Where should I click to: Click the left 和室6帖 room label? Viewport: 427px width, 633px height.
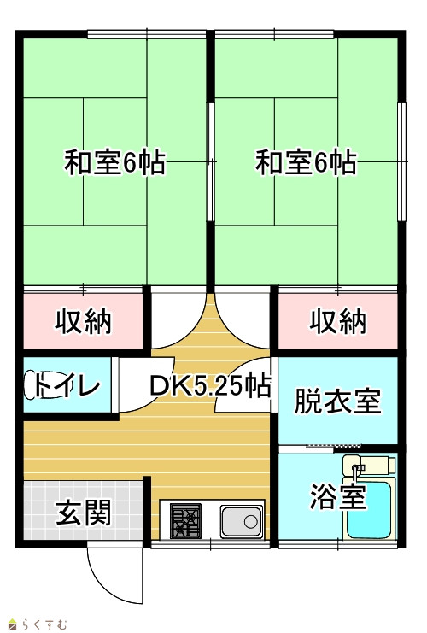115,162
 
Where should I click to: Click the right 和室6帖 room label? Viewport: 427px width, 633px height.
307,162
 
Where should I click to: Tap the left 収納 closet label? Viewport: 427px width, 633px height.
83,321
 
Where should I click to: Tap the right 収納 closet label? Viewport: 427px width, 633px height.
338,321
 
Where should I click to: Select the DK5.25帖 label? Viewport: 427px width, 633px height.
210,385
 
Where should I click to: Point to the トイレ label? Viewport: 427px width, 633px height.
67,385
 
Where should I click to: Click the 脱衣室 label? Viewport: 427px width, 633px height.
338,401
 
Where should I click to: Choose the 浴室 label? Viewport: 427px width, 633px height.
338,496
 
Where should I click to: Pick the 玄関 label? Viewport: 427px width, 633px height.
83,513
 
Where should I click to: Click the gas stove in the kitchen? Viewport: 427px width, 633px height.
185,521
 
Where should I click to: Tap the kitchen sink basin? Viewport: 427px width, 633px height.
242,522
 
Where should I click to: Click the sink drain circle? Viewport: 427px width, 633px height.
250,522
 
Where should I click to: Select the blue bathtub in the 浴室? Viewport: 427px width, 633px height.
368,510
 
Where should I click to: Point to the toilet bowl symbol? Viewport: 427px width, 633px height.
33,385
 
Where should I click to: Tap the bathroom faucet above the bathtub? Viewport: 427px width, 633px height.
357,471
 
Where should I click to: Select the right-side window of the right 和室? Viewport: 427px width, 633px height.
401,161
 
